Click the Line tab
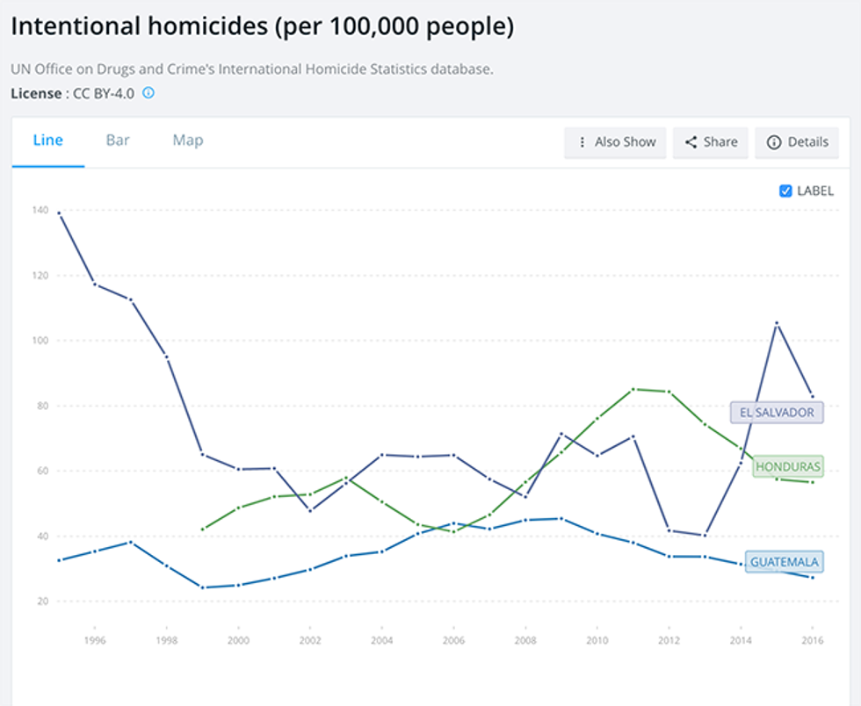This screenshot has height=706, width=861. coord(47,140)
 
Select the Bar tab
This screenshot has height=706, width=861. coord(118,140)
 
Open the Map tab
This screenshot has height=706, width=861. coord(188,140)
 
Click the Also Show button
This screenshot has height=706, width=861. coord(616,142)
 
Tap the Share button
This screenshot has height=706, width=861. coord(710,142)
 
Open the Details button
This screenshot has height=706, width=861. coord(797,142)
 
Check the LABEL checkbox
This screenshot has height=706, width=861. coord(785,191)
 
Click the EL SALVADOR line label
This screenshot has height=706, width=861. coord(777,412)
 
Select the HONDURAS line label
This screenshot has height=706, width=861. coord(787,466)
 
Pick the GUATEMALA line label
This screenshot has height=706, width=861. coord(784,562)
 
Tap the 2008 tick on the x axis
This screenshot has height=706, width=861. coord(524,640)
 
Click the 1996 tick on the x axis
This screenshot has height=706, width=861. coord(95,640)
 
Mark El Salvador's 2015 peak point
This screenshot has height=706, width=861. coord(777,323)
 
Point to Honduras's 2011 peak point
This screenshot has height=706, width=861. coord(633,389)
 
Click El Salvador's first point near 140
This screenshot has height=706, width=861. coord(59,213)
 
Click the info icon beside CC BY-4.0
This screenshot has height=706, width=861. coord(148,92)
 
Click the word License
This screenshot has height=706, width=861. coord(36,93)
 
